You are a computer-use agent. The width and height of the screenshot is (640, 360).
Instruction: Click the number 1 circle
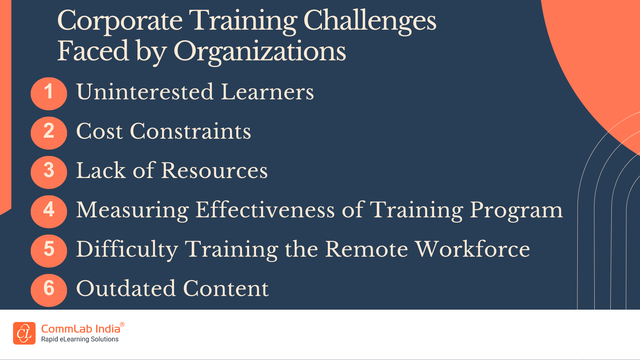(49, 94)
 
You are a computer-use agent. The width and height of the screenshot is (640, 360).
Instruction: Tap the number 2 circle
(49, 133)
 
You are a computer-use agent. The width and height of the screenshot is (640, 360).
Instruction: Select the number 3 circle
(49, 172)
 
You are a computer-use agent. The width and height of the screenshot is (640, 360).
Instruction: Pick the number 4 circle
(49, 212)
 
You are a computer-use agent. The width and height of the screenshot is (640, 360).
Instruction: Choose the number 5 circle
(49, 251)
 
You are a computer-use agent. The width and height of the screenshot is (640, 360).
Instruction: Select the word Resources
(215, 170)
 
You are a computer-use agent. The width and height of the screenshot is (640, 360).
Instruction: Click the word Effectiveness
(265, 210)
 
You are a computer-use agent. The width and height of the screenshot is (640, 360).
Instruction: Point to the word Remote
(366, 249)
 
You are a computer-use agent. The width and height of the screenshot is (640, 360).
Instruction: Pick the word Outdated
(126, 288)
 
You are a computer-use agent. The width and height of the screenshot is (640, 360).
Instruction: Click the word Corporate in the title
(120, 21)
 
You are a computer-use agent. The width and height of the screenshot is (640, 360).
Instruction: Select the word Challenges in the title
(370, 21)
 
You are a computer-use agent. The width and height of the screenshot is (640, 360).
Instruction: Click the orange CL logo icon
(24, 333)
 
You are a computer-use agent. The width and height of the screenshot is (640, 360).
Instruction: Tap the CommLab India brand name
(80, 329)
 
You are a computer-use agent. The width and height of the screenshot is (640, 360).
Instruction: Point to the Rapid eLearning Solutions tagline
(80, 339)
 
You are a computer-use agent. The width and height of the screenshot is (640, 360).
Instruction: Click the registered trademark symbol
(122, 324)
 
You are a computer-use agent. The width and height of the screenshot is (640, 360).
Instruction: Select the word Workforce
(472, 249)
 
